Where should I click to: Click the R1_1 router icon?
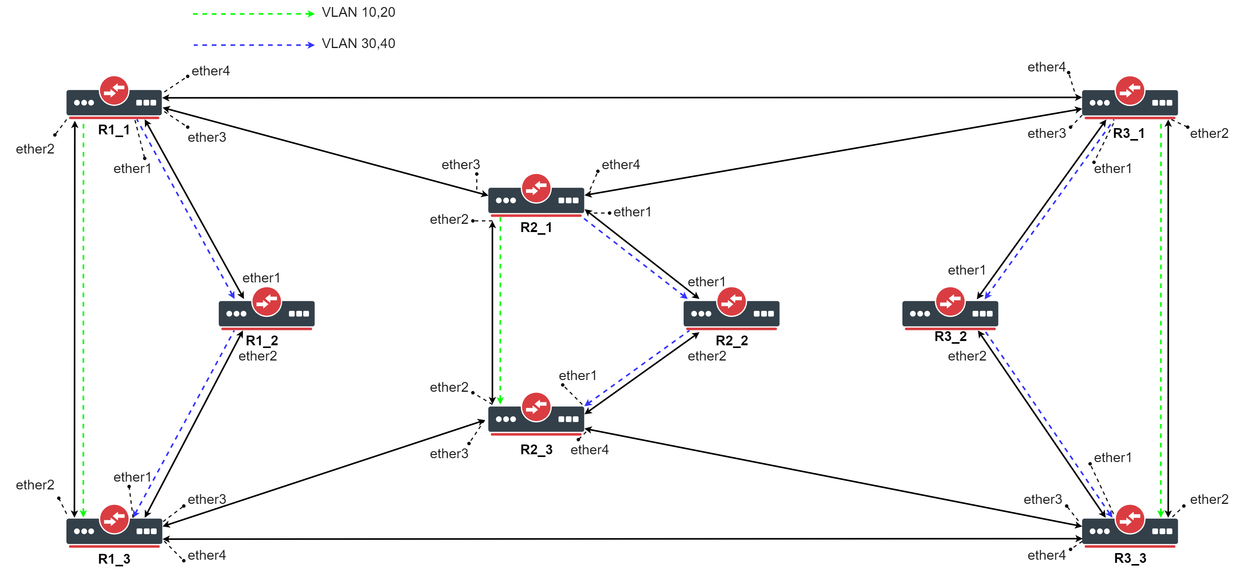pyautogui.click(x=114, y=98)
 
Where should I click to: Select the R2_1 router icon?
pyautogui.click(x=536, y=195)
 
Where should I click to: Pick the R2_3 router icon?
pyautogui.click(x=536, y=414)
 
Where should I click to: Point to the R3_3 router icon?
pyautogui.click(x=1129, y=526)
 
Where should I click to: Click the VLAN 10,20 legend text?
pyautogui.click(x=358, y=12)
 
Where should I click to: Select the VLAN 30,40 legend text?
pyautogui.click(x=358, y=43)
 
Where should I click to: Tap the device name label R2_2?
pyautogui.click(x=731, y=341)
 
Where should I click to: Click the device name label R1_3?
pyautogui.click(x=114, y=559)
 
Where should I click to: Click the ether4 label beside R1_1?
pyautogui.click(x=211, y=71)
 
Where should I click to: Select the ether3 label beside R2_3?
pyautogui.click(x=449, y=453)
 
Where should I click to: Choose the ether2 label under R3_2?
pyautogui.click(x=966, y=356)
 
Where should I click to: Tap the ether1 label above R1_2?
pyautogui.click(x=261, y=278)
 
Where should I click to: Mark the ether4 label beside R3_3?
pyautogui.click(x=1047, y=555)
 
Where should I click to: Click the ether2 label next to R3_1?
pyautogui.click(x=1209, y=133)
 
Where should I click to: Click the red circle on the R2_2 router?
pyautogui.click(x=731, y=302)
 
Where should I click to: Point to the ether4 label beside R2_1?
pyautogui.click(x=621, y=165)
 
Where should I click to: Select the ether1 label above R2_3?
pyautogui.click(x=577, y=375)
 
